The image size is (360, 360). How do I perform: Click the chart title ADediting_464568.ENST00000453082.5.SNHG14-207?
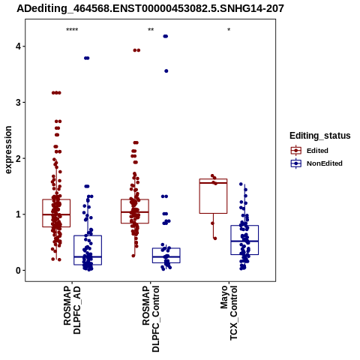point(150,8)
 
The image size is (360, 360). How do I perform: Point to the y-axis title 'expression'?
point(8,150)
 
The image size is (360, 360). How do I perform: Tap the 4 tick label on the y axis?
point(18,46)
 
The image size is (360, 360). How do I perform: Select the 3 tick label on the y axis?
point(18,102)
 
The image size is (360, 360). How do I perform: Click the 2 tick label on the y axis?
point(18,158)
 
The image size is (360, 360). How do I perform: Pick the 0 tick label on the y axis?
point(18,270)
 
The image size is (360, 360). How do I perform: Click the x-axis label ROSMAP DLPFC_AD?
point(72,310)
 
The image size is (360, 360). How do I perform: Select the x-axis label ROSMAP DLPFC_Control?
point(151,319)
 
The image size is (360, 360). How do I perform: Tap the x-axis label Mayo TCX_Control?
point(229,313)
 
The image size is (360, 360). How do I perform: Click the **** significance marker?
point(72,30)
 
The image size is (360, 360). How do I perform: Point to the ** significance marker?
point(151,30)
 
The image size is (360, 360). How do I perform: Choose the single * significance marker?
point(229,30)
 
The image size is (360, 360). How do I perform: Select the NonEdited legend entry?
point(316,163)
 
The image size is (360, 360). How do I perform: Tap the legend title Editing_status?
point(320,136)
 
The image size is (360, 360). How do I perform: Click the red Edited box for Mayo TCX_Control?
point(213,196)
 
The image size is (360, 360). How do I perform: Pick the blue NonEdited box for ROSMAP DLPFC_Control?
point(166,255)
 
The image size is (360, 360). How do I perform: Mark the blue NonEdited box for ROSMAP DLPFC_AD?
point(88,250)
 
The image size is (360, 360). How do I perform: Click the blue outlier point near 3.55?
point(166,71)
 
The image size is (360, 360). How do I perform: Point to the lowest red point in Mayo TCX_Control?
point(215,238)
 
